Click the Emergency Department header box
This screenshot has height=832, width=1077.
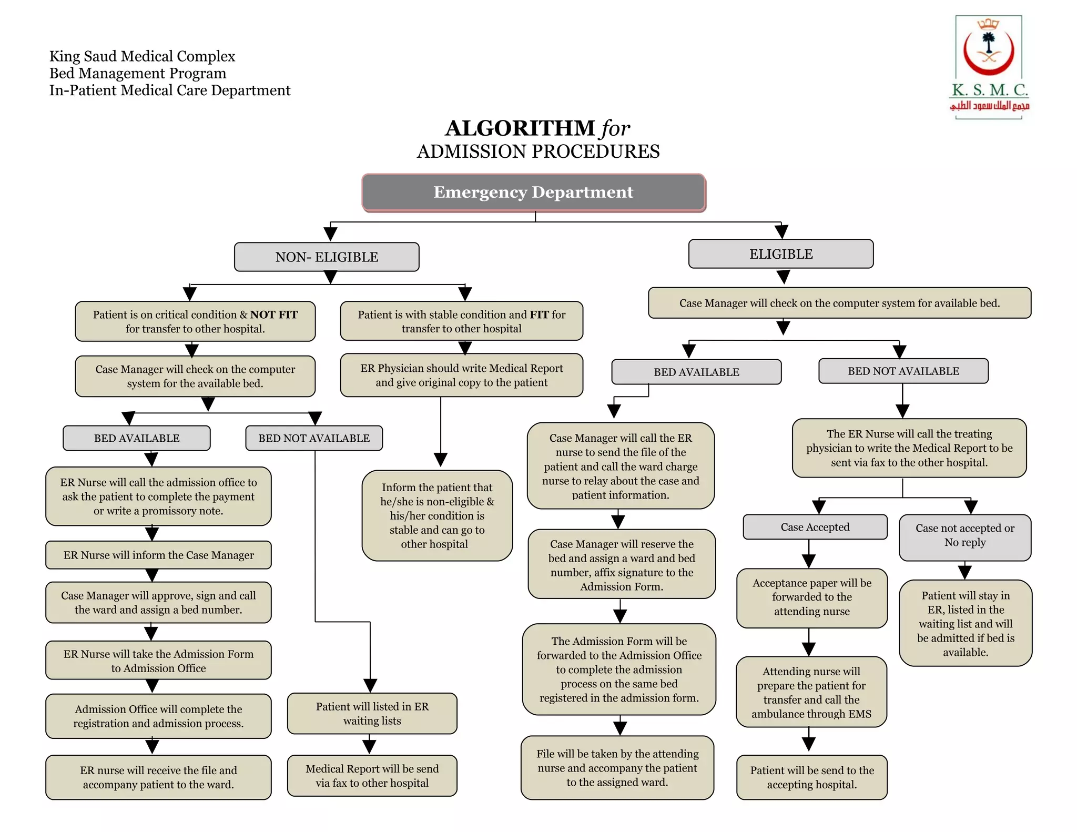[x=533, y=192]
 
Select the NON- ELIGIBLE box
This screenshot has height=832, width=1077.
[x=327, y=257]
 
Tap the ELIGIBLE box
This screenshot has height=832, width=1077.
[x=781, y=254]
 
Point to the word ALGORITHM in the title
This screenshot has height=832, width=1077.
[x=520, y=128]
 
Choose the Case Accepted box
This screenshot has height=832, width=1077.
[x=815, y=527]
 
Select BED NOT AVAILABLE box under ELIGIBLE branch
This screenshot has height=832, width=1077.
[x=903, y=371]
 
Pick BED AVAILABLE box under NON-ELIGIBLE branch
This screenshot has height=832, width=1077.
[x=137, y=438]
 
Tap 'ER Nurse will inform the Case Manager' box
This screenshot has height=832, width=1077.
[x=158, y=555]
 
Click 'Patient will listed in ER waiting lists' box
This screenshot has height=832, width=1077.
[x=372, y=713]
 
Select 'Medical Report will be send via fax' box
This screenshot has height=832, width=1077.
[x=372, y=775]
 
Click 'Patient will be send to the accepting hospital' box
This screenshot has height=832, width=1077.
[x=811, y=777]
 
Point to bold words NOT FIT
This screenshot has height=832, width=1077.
[x=273, y=314]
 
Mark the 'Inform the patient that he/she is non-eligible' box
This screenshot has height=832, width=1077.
[x=436, y=515]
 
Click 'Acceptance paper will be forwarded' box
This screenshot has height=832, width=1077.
[x=811, y=597]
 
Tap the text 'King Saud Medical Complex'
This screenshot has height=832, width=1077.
[x=142, y=56]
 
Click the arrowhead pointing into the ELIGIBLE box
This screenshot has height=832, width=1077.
[x=781, y=231]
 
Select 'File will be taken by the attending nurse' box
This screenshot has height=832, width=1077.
[x=617, y=767]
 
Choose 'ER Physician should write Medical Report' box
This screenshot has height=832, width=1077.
[x=461, y=375]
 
